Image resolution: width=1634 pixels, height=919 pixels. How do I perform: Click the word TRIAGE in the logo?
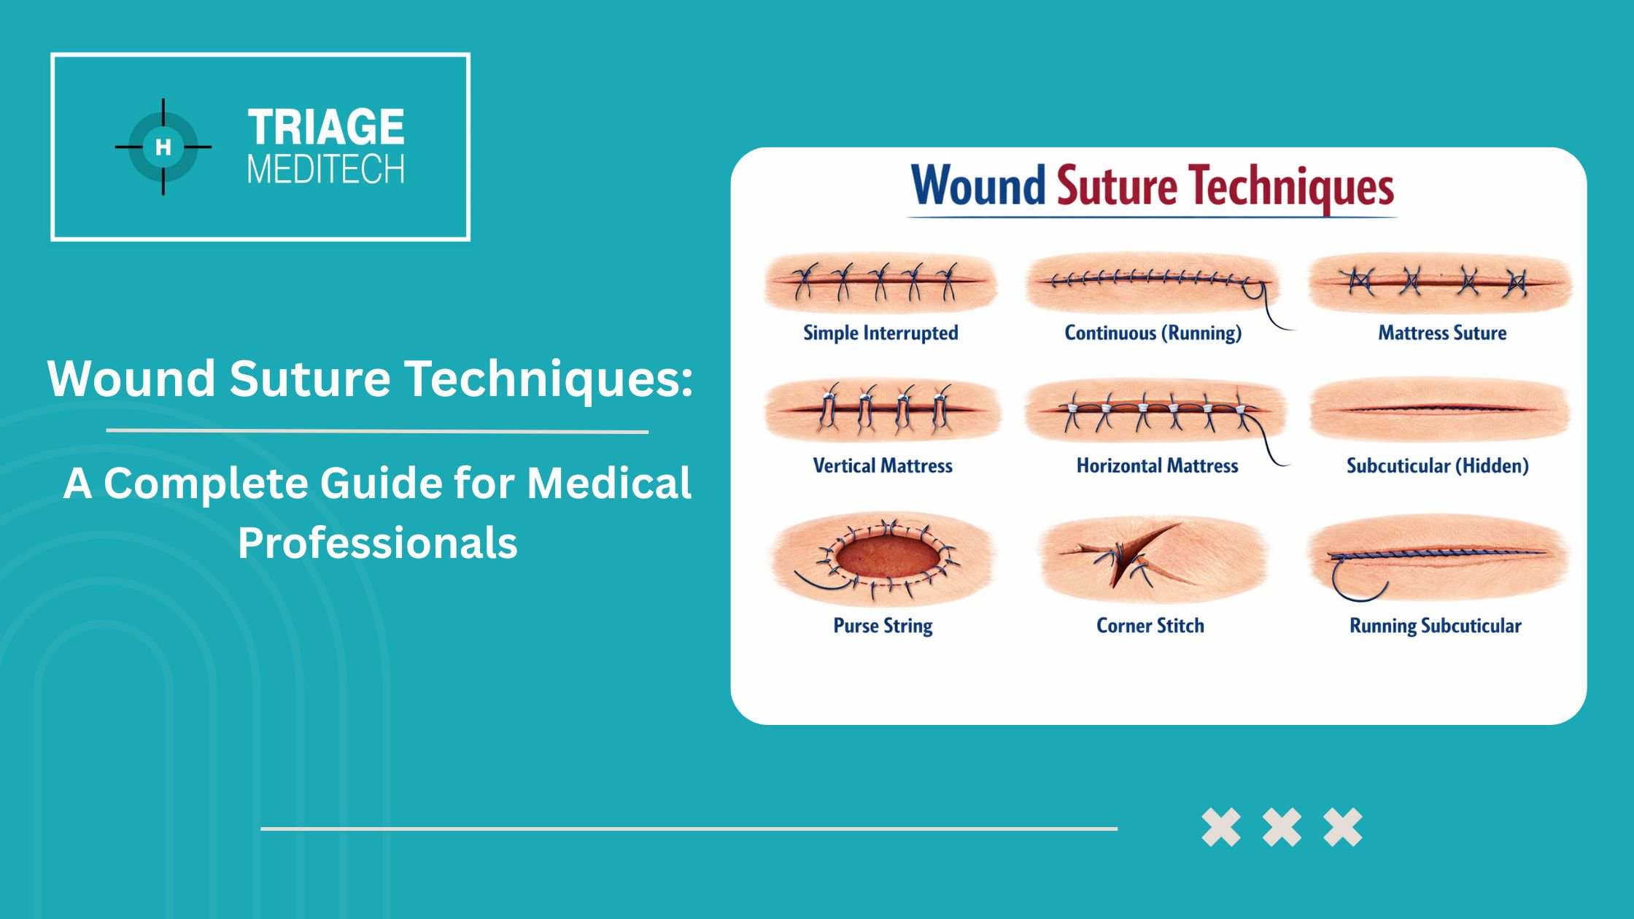click(326, 127)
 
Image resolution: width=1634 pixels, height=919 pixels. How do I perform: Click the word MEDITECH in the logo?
click(326, 169)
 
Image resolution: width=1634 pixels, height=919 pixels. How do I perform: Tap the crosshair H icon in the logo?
click(163, 147)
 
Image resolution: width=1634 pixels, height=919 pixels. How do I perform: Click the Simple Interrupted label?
click(880, 333)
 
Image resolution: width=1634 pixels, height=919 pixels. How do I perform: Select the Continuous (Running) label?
click(1153, 333)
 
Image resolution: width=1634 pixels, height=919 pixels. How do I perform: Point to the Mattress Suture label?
click(1442, 333)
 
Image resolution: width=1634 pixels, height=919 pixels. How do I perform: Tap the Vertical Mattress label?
click(883, 465)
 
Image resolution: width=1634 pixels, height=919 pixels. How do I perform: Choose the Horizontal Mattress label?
click(1157, 465)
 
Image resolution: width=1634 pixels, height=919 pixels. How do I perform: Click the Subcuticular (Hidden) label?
click(1437, 465)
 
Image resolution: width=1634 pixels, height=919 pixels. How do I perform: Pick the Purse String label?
click(883, 626)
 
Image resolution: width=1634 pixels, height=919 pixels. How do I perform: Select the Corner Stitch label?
click(1150, 625)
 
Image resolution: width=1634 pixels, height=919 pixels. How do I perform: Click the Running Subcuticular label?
click(1435, 626)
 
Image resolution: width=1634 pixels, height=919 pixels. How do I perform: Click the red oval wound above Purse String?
click(888, 558)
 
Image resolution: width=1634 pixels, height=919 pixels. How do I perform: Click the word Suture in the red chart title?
click(1116, 187)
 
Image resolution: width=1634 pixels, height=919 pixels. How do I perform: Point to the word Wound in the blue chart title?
click(978, 185)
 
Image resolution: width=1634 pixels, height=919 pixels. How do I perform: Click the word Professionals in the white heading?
click(378, 543)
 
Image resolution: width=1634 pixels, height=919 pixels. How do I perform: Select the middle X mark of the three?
click(1282, 827)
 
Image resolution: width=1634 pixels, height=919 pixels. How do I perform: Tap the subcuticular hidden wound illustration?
click(1439, 409)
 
